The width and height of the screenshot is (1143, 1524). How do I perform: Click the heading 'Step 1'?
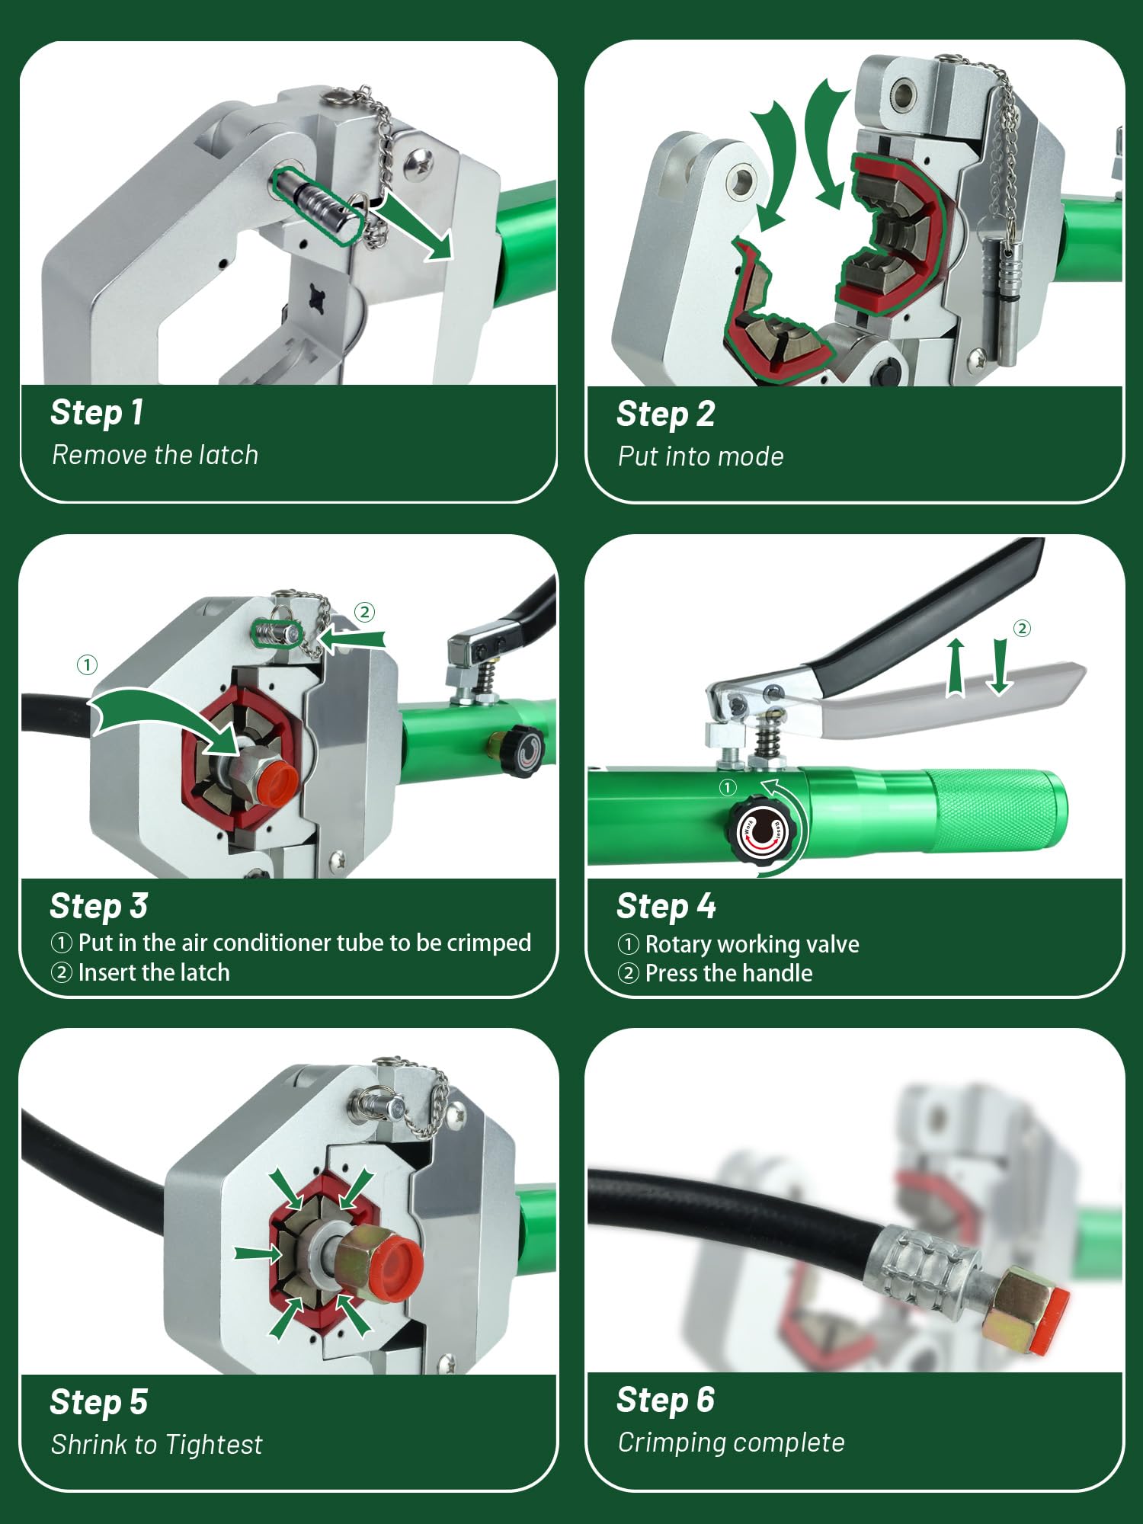pyautogui.click(x=97, y=412)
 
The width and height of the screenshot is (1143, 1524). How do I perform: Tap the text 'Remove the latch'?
pyautogui.click(x=155, y=455)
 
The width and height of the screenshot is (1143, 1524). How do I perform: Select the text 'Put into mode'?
pyautogui.click(x=700, y=456)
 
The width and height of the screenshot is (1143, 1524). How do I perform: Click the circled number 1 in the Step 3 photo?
pyautogui.click(x=87, y=665)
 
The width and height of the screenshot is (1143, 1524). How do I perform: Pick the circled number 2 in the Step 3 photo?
pyautogui.click(x=364, y=612)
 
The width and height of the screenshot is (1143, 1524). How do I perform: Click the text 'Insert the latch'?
pyautogui.click(x=153, y=972)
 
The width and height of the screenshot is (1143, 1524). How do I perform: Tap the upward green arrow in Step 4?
pyautogui.click(x=956, y=668)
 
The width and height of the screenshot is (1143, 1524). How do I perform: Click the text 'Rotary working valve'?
pyautogui.click(x=751, y=944)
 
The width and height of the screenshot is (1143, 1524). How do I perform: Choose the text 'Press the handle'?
pyautogui.click(x=728, y=973)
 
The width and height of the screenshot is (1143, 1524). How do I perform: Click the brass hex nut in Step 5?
pyautogui.click(x=361, y=1260)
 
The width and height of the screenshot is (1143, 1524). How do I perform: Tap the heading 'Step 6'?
pyautogui.click(x=665, y=1400)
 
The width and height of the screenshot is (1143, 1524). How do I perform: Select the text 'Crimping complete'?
pyautogui.click(x=731, y=1442)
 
